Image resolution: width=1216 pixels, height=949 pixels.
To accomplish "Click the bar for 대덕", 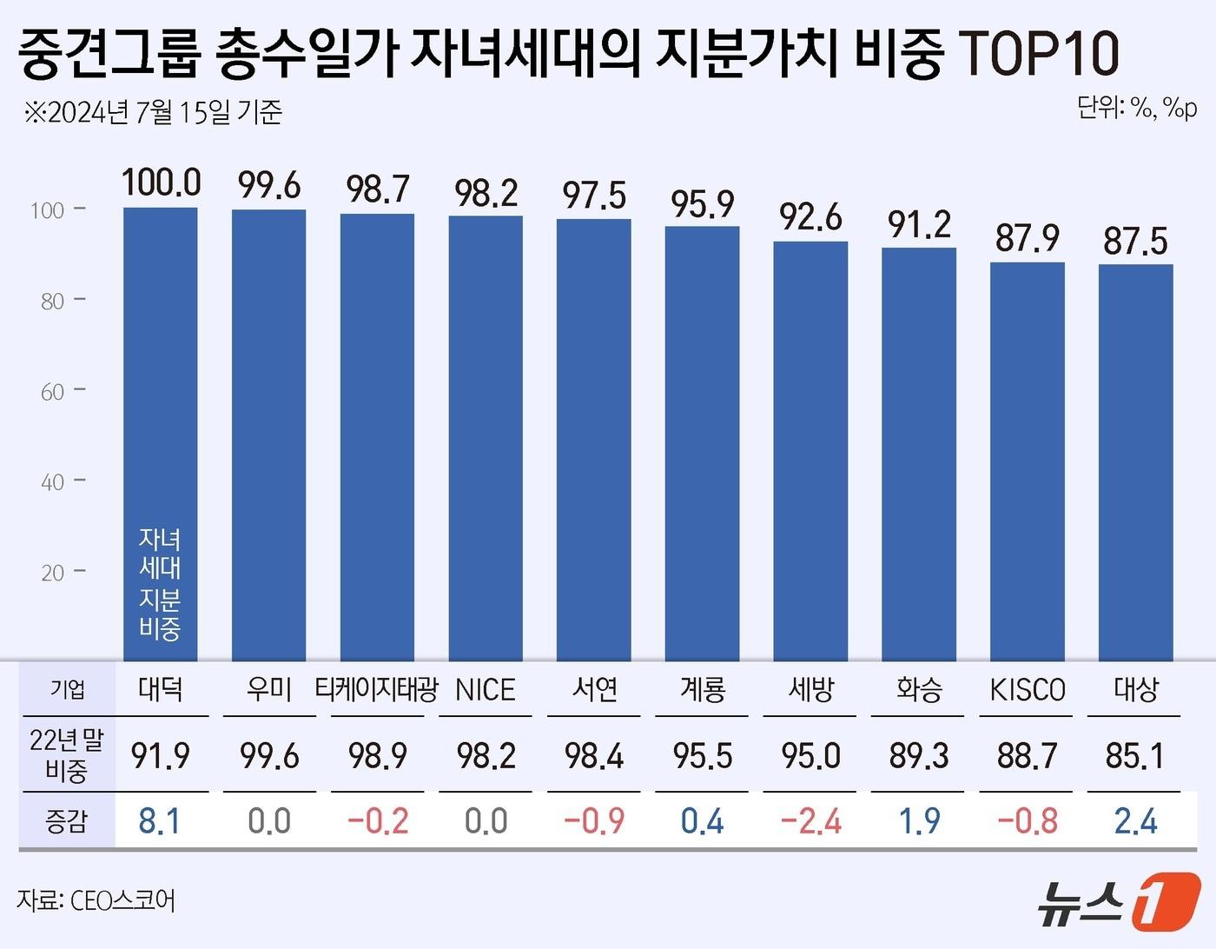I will point(161,391).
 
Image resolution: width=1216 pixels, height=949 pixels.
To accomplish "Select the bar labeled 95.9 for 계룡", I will point(702,443).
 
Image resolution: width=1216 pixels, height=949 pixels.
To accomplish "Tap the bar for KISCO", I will point(1027,461).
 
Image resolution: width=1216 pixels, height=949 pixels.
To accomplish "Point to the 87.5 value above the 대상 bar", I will point(1135,242).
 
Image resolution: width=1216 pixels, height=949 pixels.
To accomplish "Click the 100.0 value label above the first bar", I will point(161,183).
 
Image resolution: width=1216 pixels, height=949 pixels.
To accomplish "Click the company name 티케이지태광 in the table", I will point(377,690).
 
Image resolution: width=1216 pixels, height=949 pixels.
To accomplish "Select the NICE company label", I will point(486,690).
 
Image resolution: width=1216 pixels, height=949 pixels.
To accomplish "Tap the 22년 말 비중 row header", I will point(67,754).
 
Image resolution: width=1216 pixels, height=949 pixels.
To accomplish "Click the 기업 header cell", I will point(67,690).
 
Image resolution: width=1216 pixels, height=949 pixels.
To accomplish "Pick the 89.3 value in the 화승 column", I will point(918,756).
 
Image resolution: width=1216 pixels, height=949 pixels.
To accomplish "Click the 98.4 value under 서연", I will point(594,756).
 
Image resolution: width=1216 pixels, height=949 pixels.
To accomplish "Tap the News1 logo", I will point(1119,900).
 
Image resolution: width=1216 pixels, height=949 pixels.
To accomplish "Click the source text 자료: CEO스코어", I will point(96,900).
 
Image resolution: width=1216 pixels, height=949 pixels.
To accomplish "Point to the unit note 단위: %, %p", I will point(1137,108).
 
